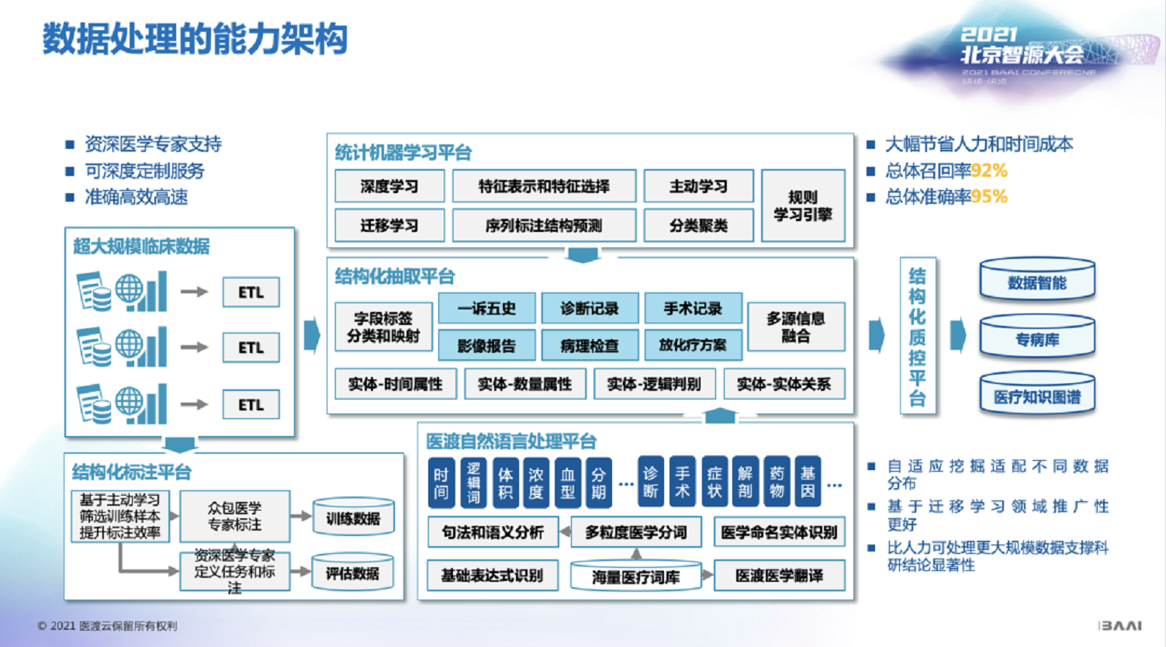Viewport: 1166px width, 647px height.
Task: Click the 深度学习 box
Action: pyautogui.click(x=389, y=186)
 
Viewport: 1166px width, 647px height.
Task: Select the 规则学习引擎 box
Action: pyautogui.click(x=803, y=206)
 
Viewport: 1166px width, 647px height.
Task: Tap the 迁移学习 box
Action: pyautogui.click(x=389, y=225)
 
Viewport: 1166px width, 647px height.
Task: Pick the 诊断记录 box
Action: pyautogui.click(x=590, y=308)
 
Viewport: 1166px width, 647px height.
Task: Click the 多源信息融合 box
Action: pyautogui.click(x=795, y=327)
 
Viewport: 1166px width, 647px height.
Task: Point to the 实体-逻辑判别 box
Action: pyautogui.click(x=654, y=384)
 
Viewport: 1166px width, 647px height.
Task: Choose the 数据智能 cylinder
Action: pyautogui.click(x=1037, y=282)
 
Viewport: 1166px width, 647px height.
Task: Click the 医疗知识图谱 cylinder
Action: pyautogui.click(x=1037, y=396)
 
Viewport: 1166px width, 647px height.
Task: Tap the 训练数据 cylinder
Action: pyautogui.click(x=353, y=518)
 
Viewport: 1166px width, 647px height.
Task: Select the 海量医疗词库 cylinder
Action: pyautogui.click(x=635, y=577)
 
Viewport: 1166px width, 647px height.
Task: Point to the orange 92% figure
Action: pyautogui.click(x=989, y=171)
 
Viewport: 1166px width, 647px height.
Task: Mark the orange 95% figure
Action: pyautogui.click(x=989, y=197)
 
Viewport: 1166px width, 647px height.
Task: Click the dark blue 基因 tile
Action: pyautogui.click(x=808, y=482)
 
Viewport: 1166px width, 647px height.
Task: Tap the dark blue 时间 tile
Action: pyautogui.click(x=441, y=482)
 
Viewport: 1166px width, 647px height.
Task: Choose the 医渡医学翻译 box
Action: pyautogui.click(x=779, y=576)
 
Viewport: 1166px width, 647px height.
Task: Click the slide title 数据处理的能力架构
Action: pyautogui.click(x=195, y=39)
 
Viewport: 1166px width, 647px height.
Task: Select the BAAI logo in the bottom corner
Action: pyautogui.click(x=1119, y=625)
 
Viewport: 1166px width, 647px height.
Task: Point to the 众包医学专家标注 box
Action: pyautogui.click(x=234, y=516)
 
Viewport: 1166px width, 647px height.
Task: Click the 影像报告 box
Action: pyautogui.click(x=486, y=345)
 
